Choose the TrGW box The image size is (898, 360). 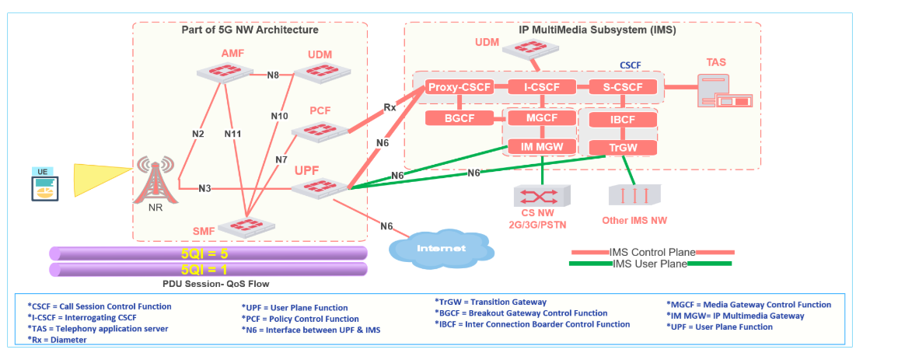[623, 148]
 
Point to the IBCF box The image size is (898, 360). [623, 121]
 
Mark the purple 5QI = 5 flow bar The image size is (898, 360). [208, 253]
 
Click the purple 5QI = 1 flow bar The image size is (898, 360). [208, 269]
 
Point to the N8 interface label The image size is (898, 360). [273, 75]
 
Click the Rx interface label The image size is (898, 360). [390, 107]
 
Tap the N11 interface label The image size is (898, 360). [232, 134]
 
